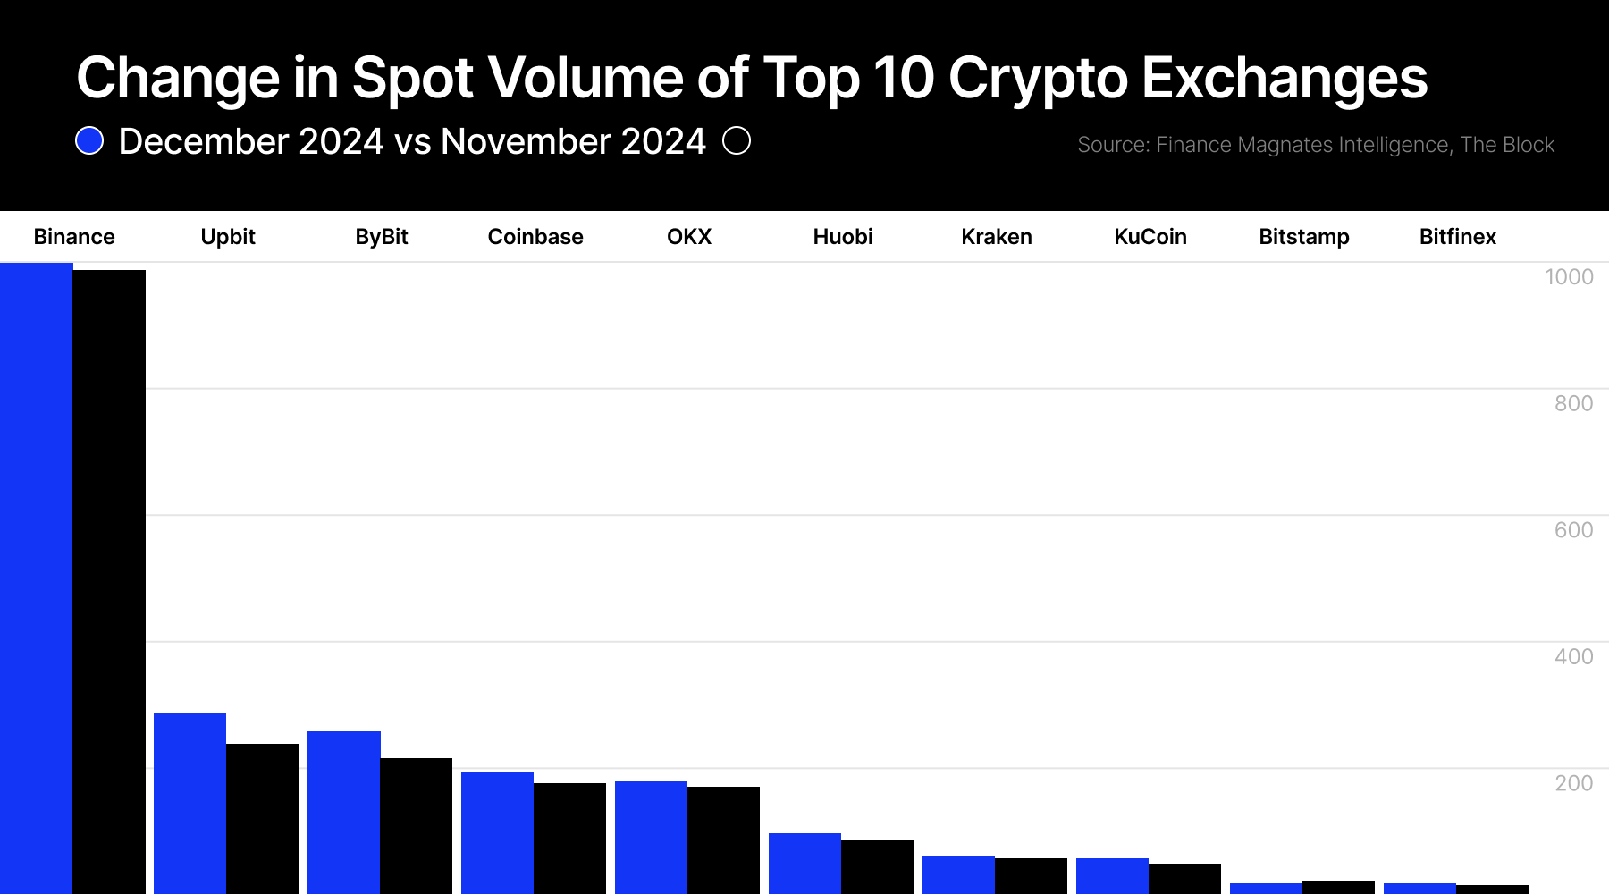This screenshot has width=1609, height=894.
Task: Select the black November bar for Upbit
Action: point(262,818)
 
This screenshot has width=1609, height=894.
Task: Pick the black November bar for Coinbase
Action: point(569,838)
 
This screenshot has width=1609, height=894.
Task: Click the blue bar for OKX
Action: point(651,837)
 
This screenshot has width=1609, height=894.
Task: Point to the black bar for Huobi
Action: point(877,866)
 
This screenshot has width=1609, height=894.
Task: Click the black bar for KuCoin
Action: point(1184,878)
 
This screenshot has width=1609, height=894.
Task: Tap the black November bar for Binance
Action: point(109,581)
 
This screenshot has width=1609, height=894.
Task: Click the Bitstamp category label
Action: point(1303,237)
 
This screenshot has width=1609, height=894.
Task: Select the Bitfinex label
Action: point(1457,237)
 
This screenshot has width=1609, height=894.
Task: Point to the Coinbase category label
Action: point(535,237)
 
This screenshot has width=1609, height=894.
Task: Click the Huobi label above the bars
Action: point(842,237)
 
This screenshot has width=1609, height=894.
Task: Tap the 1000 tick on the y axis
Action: point(1568,277)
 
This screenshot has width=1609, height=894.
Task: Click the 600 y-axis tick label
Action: point(1572,530)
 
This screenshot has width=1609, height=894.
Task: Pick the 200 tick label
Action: point(1572,783)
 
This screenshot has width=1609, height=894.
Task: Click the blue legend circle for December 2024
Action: point(89,141)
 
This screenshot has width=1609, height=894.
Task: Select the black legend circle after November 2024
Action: point(736,141)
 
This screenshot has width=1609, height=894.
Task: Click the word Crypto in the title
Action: point(1037,79)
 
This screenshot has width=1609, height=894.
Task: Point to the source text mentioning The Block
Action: point(1506,145)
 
